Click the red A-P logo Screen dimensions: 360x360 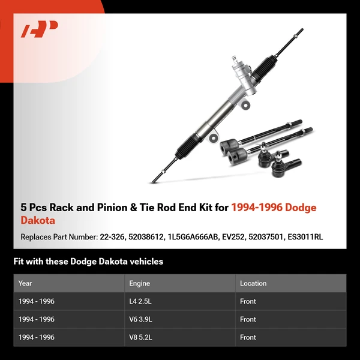click(40, 29)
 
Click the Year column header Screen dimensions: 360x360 click(25, 283)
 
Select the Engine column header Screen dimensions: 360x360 click(139, 283)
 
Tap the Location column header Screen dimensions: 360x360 click(253, 283)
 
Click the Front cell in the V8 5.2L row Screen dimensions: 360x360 click(248, 337)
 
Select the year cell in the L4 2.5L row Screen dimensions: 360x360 click(37, 301)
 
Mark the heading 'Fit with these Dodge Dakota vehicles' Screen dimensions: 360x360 click(88, 262)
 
